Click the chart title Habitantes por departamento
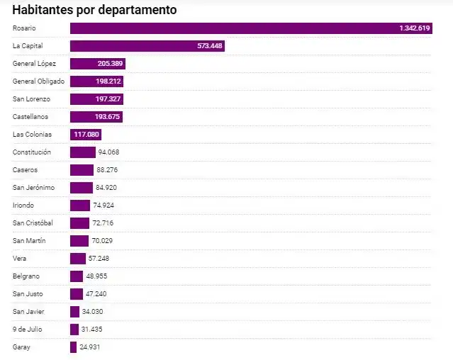pos(94,10)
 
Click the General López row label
pos(34,63)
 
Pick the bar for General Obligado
pos(97,81)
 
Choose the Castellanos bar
pos(96,116)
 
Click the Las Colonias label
pos(33,134)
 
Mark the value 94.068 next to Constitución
pos(108,152)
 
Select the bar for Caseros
pos(82,169)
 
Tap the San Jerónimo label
pos(33,187)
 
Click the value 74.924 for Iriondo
pos(103,205)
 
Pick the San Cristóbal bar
pos(79,223)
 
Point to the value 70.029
pos(103,240)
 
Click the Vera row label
pos(20,258)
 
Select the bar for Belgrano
pos(77,276)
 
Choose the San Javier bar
pos(74,311)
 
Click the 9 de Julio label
pos(27,329)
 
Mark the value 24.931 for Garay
pos(91,347)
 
